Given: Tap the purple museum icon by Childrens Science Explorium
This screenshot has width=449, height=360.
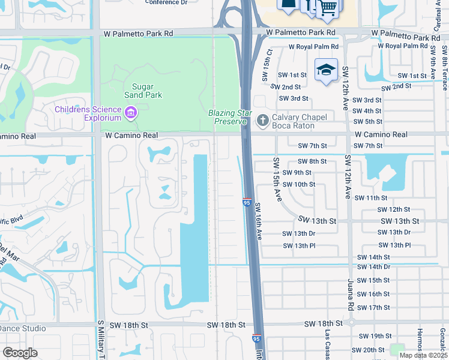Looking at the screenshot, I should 130,112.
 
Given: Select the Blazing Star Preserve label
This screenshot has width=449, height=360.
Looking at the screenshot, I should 228,117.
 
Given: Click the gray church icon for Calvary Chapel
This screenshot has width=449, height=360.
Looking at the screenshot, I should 262,121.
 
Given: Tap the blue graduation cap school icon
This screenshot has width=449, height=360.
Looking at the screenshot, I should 326,70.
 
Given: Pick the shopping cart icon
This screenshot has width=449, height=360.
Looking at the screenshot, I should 328,8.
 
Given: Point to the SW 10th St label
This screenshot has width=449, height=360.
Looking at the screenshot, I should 298,184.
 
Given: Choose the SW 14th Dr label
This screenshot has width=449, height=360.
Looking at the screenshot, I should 373,266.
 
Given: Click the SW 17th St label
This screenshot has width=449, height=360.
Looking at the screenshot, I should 373,308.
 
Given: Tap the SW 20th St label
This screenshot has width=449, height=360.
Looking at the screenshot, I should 367,350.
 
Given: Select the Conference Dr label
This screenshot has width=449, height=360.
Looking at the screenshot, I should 166,2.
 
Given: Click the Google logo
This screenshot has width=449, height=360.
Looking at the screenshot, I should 20,353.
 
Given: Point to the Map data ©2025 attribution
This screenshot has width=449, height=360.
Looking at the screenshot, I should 423,355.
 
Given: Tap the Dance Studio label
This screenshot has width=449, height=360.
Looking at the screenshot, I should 23,328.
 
